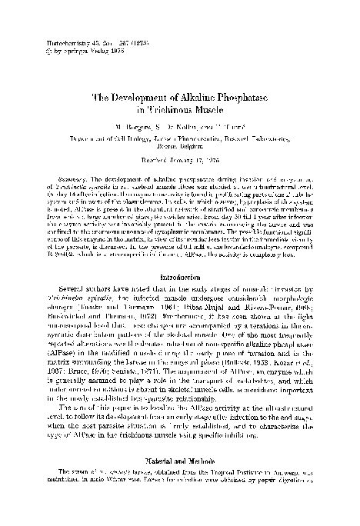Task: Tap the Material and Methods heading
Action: click(179, 475)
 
